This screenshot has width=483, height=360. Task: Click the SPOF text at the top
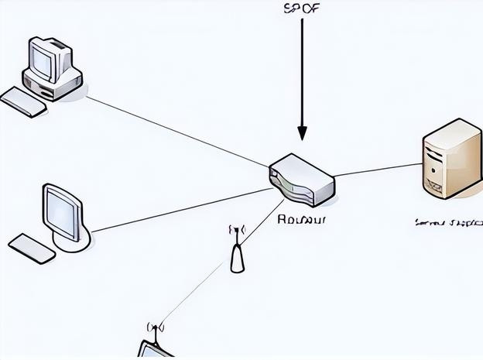pos(302,9)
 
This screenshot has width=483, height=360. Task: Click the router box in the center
pos(302,180)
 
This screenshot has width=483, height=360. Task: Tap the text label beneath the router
pos(301,219)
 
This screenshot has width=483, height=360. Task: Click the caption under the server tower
pos(447,223)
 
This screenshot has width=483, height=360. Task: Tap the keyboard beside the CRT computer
pos(23,101)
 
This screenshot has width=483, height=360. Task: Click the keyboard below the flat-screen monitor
pos(32,248)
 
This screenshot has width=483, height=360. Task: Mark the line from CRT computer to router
pos(178,130)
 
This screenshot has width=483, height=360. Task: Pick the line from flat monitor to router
pos(178,209)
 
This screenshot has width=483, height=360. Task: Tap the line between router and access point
pos(262,222)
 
